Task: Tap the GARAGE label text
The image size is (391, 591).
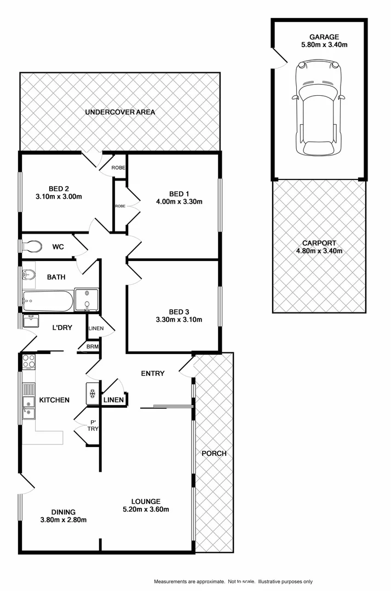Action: pos(320,37)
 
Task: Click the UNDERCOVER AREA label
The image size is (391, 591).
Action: pos(120,112)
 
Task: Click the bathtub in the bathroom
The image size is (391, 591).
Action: pos(47,300)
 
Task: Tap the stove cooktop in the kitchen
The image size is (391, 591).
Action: pos(28,361)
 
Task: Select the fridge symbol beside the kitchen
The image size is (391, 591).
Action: pos(92,393)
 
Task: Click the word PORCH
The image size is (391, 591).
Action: pos(214,453)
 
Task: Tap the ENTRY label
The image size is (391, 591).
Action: pos(153,373)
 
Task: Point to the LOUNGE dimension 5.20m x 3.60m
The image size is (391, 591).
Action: pos(145,509)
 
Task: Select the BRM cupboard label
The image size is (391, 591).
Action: pos(93,346)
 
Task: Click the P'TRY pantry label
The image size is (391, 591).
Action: pos(94,425)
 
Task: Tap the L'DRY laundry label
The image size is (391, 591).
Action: pos(63,327)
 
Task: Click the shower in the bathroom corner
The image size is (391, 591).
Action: pos(87,300)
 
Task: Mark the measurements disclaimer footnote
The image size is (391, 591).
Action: pos(233,581)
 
